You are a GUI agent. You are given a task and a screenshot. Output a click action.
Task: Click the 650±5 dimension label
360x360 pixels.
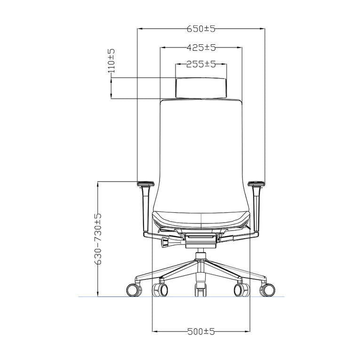tap(201, 29)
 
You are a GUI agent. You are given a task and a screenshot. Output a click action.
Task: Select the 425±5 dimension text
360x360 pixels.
tap(201, 48)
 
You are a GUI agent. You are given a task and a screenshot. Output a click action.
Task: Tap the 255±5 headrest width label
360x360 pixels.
tap(201, 64)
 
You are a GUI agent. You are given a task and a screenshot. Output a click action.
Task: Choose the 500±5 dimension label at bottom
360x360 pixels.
tap(201, 332)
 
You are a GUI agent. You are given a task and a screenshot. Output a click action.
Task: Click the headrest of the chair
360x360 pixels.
tap(201, 88)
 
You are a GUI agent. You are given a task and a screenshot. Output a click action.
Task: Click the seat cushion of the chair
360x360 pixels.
tap(201, 218)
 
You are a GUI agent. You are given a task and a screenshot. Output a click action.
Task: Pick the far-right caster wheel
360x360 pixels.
tap(268, 290)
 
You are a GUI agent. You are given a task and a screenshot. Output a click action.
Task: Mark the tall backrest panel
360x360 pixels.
tap(201, 151)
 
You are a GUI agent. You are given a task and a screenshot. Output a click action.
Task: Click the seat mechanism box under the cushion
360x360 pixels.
tap(201, 240)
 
